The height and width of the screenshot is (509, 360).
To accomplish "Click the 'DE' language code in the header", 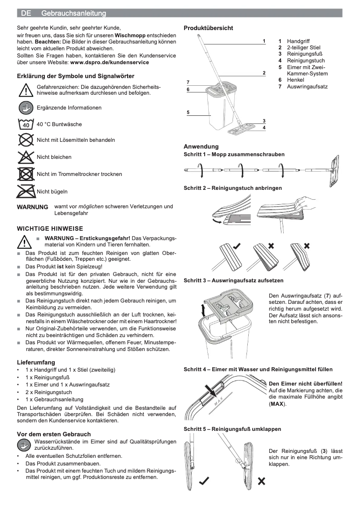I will tap(26, 13).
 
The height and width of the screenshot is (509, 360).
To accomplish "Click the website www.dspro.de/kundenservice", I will tap(110, 62).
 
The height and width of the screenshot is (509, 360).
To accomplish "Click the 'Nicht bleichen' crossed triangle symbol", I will tap(26, 157).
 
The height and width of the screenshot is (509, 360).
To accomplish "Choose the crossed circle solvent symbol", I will tap(26, 140).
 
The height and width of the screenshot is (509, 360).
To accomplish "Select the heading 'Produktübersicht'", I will tap(208, 28).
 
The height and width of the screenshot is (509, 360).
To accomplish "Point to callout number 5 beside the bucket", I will tap(188, 112).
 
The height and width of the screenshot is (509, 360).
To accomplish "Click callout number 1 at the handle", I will tap(264, 41).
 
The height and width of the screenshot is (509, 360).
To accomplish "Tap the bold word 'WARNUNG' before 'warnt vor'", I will tap(32, 207).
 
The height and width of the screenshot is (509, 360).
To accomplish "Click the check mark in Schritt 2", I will tap(236, 246).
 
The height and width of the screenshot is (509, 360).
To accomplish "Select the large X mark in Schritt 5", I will tap(261, 481).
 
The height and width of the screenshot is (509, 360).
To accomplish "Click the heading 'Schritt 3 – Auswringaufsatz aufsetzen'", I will tap(233, 281).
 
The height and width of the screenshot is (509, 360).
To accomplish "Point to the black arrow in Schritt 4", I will tap(210, 389).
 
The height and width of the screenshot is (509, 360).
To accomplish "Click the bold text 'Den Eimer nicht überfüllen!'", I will tap(305, 384).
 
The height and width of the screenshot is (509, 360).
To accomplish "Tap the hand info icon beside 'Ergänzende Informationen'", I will tap(26, 108).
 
